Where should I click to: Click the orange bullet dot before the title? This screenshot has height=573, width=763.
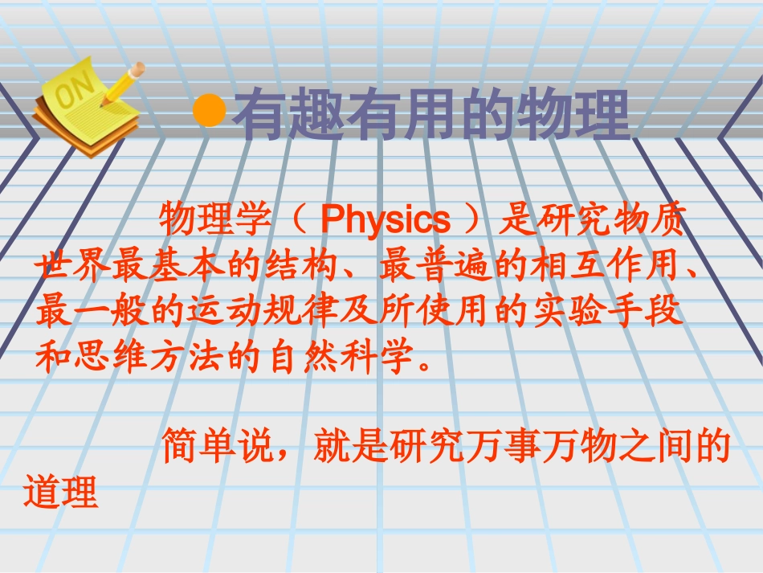click(210, 111)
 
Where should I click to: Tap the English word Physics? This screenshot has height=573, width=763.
click(386, 219)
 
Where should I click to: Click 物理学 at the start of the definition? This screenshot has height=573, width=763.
click(214, 219)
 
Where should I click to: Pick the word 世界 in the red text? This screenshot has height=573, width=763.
click(73, 266)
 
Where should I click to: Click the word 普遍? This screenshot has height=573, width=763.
click(454, 266)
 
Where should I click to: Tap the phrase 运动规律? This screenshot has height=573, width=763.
click(263, 310)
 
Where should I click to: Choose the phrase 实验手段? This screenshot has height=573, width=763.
click(607, 310)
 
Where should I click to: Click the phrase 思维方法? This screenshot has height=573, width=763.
click(149, 356)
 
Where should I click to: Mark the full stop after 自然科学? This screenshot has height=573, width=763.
click(425, 365)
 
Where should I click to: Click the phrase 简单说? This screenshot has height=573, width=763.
click(217, 445)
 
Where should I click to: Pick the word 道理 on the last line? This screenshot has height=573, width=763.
click(61, 492)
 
